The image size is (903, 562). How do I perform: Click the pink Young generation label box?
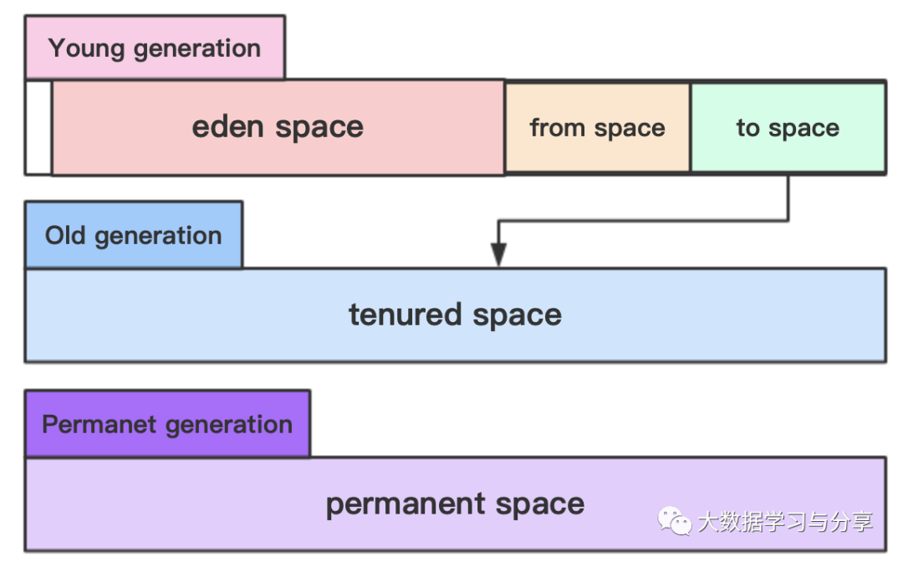pyautogui.click(x=155, y=47)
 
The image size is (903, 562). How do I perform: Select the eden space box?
pyautogui.click(x=278, y=127)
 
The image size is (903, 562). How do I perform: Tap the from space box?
pyautogui.click(x=597, y=127)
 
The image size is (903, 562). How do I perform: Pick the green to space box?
pyautogui.click(x=788, y=127)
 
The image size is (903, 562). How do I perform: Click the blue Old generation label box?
pyautogui.click(x=134, y=235)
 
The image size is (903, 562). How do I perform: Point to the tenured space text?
pyautogui.click(x=455, y=315)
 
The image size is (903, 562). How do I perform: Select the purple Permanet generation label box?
pyautogui.click(x=167, y=424)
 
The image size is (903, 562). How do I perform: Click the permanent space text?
pyautogui.click(x=455, y=504)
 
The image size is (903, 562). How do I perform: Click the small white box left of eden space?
pyautogui.click(x=38, y=127)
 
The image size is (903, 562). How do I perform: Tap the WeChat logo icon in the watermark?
pyautogui.click(x=675, y=521)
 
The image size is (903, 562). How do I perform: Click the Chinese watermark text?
pyautogui.click(x=785, y=522)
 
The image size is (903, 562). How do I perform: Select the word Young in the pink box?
pyautogui.click(x=86, y=49)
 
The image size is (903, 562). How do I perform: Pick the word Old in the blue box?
pyautogui.click(x=65, y=236)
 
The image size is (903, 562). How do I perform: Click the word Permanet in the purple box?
pyautogui.click(x=99, y=424)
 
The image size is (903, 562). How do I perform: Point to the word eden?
pyautogui.click(x=228, y=126)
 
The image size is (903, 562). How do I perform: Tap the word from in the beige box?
pyautogui.click(x=558, y=127)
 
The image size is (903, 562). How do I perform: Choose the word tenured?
pyautogui.click(x=406, y=314)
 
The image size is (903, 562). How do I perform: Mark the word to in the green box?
pyautogui.click(x=748, y=128)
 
